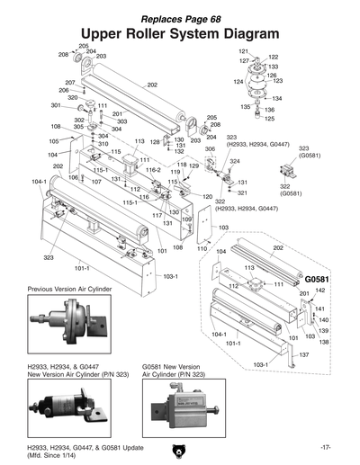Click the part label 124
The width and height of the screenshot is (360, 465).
[239, 82]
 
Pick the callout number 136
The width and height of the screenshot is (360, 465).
[269, 110]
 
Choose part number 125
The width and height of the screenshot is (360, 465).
[269, 119]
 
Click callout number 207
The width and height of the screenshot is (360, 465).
[69, 83]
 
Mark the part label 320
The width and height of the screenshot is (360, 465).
[72, 98]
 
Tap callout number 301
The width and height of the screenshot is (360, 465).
[56, 106]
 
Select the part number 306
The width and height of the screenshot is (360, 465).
[210, 148]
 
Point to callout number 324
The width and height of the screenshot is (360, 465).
[235, 161]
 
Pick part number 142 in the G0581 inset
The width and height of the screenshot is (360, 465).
[320, 291]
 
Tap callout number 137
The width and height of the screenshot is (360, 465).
[304, 355]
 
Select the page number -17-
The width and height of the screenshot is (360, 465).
[326, 447]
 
